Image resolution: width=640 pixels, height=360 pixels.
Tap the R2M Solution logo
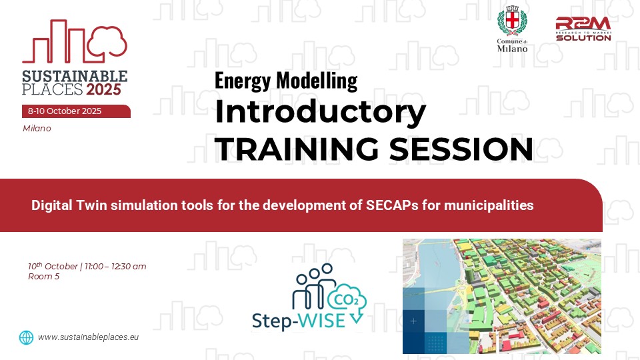click(583, 29)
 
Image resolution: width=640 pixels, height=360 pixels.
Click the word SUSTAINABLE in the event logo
click(75, 76)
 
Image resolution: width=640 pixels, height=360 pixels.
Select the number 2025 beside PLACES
click(104, 89)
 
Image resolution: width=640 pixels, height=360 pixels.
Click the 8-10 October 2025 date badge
click(76, 111)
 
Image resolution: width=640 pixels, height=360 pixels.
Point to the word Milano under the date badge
click(37, 129)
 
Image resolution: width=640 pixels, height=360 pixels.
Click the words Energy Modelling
click(286, 81)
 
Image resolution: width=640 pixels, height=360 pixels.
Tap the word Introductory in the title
click(321, 112)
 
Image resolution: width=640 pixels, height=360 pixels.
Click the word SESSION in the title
click(461, 149)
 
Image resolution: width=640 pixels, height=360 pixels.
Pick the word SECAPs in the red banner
click(392, 205)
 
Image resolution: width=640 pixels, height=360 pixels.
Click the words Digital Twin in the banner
click(69, 205)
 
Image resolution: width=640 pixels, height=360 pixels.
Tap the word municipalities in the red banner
click(489, 205)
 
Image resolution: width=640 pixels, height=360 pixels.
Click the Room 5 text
click(44, 276)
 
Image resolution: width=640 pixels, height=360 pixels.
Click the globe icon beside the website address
click(26, 337)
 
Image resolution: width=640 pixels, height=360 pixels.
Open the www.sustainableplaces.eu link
click(88, 337)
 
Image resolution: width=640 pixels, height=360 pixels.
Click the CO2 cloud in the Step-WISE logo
click(347, 299)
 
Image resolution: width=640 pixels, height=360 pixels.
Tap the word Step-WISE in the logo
click(299, 321)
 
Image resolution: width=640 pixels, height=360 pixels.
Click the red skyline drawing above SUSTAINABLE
click(75, 41)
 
